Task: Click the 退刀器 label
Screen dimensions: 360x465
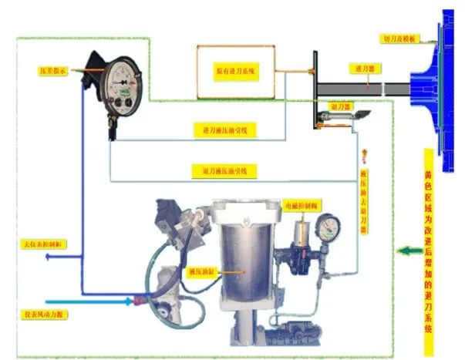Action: click(341, 105)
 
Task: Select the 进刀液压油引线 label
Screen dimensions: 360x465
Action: click(224, 131)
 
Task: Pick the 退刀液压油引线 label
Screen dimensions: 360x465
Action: click(224, 169)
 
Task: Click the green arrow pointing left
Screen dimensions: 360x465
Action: click(407, 251)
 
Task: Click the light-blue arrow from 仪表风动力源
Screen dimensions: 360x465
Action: click(93, 301)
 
